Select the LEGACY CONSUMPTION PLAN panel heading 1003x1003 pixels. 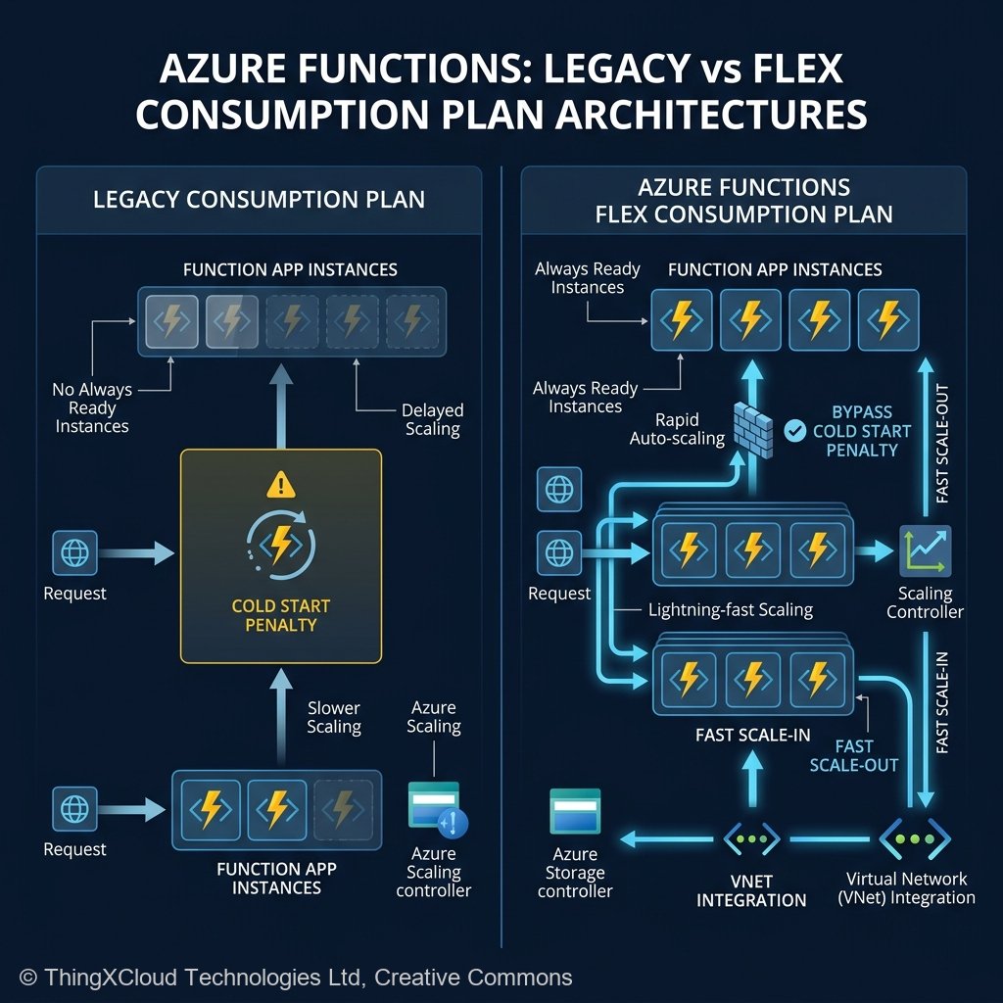tap(259, 200)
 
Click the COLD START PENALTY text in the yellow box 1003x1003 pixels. tap(281, 616)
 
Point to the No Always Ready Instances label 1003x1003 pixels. tap(91, 407)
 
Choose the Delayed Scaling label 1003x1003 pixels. tap(432, 419)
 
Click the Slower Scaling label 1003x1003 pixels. tap(334, 717)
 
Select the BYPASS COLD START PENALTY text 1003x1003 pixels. tap(862, 430)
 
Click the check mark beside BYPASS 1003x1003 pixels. tap(796, 429)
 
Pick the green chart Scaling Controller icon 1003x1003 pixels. tap(925, 550)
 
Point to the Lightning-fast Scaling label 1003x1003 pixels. tap(731, 609)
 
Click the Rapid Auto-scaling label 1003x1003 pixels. tap(677, 429)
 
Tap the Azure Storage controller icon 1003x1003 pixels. tap(575, 812)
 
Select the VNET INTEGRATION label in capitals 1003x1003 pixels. tap(751, 889)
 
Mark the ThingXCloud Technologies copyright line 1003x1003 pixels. tap(296, 977)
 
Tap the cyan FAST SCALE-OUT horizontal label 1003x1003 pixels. tap(854, 755)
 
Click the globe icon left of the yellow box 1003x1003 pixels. tap(74, 553)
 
